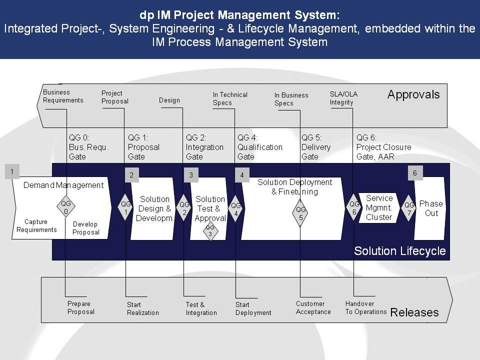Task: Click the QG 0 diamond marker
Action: click(66, 207)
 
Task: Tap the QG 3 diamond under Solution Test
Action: click(210, 231)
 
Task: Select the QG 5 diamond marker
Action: click(300, 213)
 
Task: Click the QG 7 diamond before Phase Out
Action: click(408, 208)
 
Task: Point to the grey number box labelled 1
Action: click(12, 171)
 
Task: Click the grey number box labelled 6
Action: click(415, 173)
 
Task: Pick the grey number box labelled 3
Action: click(191, 175)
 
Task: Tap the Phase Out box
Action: click(430, 208)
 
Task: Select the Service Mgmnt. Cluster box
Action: click(379, 208)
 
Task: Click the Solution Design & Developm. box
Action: click(153, 208)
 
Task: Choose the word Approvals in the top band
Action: click(413, 94)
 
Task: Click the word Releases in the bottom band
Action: click(414, 312)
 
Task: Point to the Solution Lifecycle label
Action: click(400, 251)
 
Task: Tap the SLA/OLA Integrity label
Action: click(343, 98)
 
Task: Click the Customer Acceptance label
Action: click(313, 307)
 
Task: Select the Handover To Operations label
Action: click(366, 307)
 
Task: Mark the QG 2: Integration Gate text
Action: click(204, 147)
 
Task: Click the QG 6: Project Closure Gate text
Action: click(383, 147)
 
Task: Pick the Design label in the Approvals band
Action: click(169, 100)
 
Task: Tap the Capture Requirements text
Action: click(36, 225)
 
